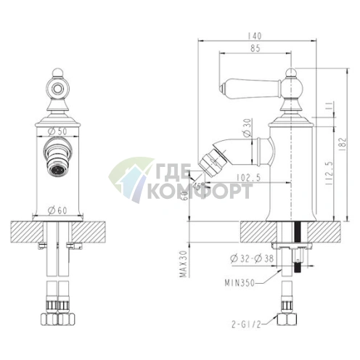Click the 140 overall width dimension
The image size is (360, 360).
pyautogui.click(x=255, y=36)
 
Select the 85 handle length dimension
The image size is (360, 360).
pyautogui.click(x=255, y=49)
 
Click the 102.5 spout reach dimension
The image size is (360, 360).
pyautogui.click(x=248, y=178)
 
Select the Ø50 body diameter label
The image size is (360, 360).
pyautogui.click(x=57, y=131)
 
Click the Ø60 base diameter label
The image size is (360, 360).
pyautogui.click(x=57, y=210)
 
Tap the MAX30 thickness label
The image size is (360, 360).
pyautogui.click(x=184, y=264)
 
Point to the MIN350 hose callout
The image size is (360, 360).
pyautogui.click(x=240, y=283)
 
